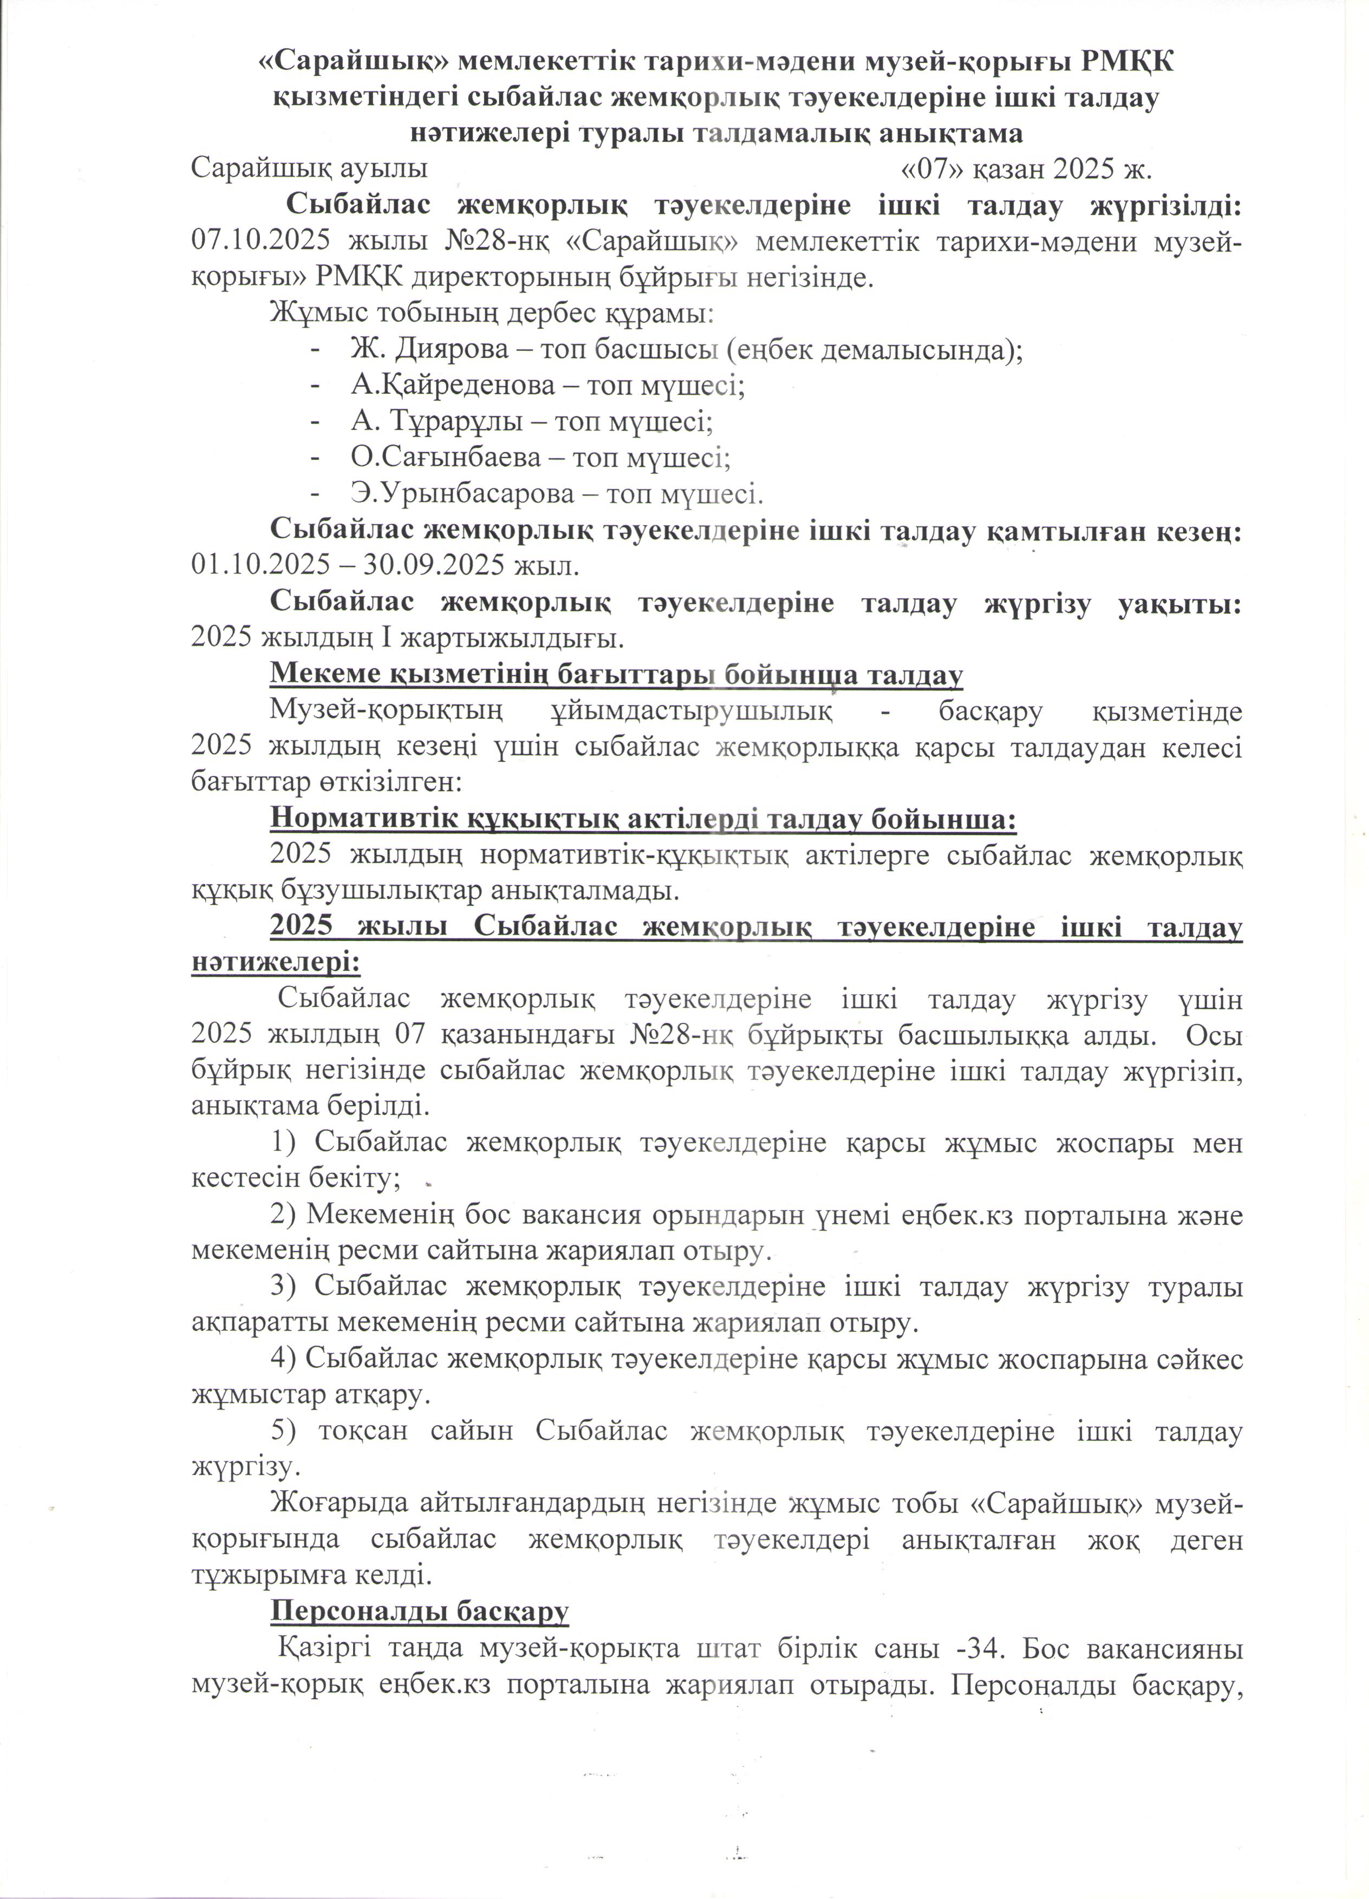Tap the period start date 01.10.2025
pos(260,565)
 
